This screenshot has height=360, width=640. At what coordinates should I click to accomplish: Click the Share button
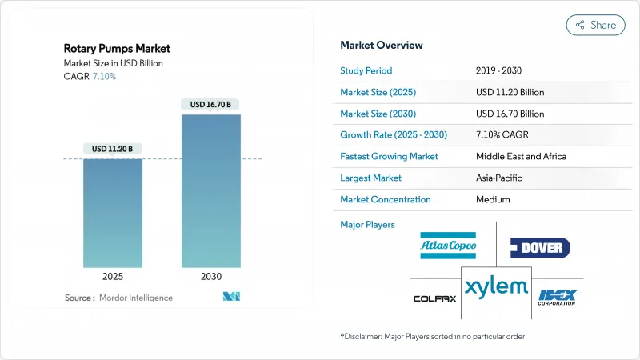tap(596, 25)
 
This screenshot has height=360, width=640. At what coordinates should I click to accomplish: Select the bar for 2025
tap(113, 212)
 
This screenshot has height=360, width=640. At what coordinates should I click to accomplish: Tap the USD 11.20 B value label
tap(113, 149)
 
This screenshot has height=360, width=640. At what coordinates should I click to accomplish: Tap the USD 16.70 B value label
tap(210, 105)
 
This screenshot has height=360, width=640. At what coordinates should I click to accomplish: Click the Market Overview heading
tap(382, 45)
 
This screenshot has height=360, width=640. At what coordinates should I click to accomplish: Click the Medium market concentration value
tap(492, 199)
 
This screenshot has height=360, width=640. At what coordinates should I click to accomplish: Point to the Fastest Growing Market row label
tap(389, 156)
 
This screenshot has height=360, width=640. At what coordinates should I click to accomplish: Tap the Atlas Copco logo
tap(447, 245)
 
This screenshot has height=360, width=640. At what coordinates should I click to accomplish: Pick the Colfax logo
tap(435, 298)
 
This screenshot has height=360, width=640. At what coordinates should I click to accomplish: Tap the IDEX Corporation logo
tap(557, 297)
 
